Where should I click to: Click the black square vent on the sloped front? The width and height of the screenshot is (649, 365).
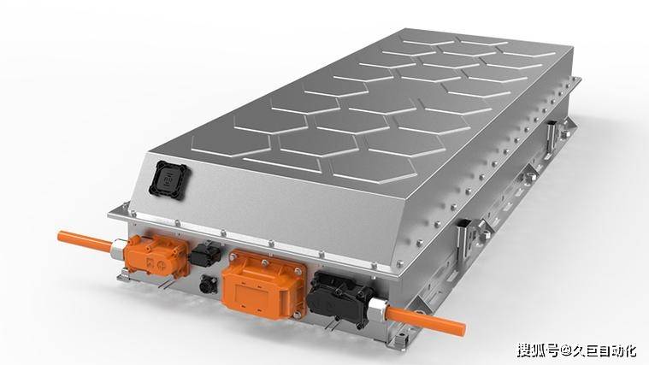(x=169, y=180)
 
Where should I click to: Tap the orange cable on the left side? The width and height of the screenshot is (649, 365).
(x=86, y=241)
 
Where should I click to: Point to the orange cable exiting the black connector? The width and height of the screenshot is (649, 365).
(x=427, y=321)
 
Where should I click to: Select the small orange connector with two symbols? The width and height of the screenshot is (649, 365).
(x=157, y=256)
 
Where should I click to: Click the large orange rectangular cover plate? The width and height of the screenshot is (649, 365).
(x=263, y=285)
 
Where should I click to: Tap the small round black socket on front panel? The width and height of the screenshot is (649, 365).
(x=208, y=285)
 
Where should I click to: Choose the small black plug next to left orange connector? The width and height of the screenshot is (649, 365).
(x=206, y=253)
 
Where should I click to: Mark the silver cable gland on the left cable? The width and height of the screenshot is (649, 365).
(x=118, y=248)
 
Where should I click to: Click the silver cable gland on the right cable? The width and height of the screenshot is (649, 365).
(x=378, y=309)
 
